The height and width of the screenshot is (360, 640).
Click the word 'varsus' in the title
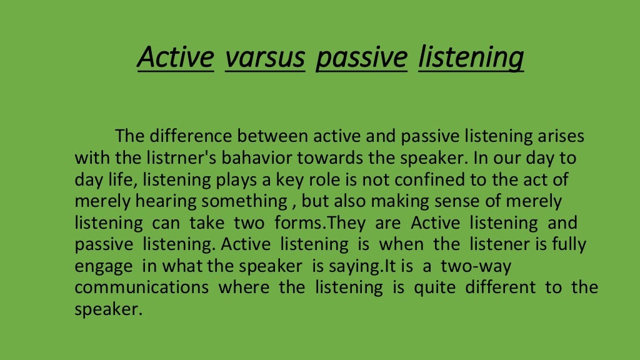[x=265, y=57]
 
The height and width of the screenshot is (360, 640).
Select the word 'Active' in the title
[x=176, y=57]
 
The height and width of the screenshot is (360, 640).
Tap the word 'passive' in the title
[x=361, y=57]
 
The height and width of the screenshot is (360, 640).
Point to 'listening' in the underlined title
[x=471, y=57]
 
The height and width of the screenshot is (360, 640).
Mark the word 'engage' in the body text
[x=103, y=266]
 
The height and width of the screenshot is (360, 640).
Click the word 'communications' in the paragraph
[x=142, y=287]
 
